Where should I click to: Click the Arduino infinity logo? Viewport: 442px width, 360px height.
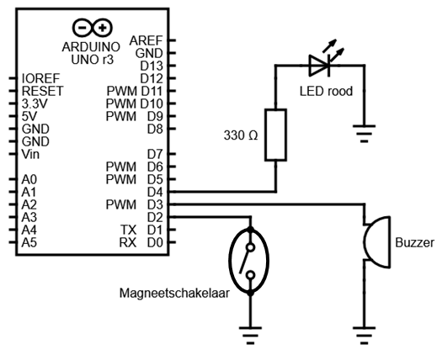(93, 28)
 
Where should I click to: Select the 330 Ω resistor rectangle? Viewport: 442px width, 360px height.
(275, 135)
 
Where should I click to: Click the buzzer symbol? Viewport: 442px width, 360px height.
(377, 242)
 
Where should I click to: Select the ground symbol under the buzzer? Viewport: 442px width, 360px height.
(364, 336)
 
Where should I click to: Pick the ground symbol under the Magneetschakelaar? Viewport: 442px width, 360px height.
(250, 336)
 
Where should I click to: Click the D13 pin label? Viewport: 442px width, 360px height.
(152, 66)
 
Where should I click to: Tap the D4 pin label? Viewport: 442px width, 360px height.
(155, 192)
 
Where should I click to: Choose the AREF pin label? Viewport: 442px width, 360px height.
(146, 41)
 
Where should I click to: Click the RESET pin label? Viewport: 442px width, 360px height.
(43, 91)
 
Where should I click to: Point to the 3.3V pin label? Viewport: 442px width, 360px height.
(35, 103)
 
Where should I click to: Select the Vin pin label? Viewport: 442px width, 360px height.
(30, 155)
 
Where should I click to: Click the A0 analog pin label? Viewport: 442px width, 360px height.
(29, 179)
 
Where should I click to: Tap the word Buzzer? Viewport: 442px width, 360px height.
(415, 242)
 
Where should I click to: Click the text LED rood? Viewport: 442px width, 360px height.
(326, 92)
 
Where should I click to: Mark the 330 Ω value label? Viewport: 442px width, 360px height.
(241, 135)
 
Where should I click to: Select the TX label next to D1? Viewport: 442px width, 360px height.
(128, 230)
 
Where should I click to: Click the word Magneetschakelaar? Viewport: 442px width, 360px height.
(174, 293)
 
